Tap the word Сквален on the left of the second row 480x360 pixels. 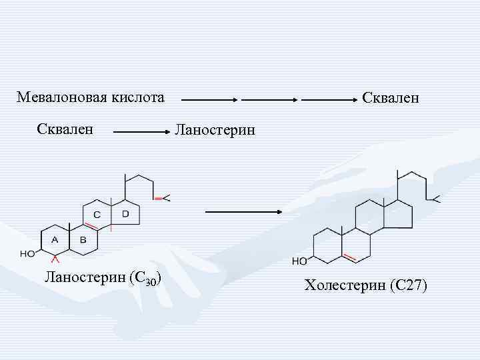coord(65,127)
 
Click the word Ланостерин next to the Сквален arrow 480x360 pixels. coord(214,129)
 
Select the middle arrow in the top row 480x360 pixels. coord(269,101)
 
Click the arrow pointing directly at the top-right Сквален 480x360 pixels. coord(329,101)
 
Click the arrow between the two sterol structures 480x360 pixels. coord(244,212)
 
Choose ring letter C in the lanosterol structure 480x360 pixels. coord(97,215)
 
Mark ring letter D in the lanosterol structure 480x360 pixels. coord(125,213)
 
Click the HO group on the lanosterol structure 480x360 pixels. coord(28,253)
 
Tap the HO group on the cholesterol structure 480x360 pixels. coord(299,261)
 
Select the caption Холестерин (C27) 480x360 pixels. coord(365,286)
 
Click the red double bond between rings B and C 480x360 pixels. coord(91,227)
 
